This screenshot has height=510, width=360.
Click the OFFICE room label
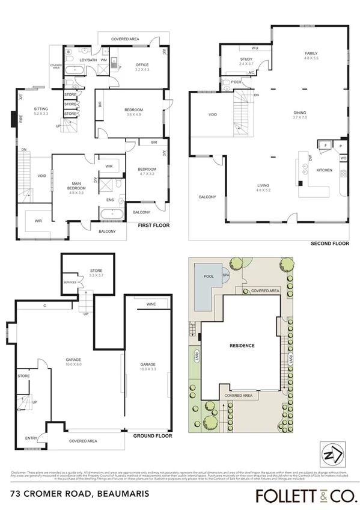[142, 65]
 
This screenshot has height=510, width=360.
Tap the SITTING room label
[41, 109]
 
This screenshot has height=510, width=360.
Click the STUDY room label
[246, 60]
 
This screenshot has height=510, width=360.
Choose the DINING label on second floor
[299, 112]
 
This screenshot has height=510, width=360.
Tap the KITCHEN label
[324, 170]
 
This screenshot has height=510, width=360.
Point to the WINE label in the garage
[150, 305]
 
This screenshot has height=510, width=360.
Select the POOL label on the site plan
[209, 277]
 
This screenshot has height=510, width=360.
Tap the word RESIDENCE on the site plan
[242, 346]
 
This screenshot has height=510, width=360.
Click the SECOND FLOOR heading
[330, 244]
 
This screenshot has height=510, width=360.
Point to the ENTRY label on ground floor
[31, 438]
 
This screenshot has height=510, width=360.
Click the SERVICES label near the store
[70, 282]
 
